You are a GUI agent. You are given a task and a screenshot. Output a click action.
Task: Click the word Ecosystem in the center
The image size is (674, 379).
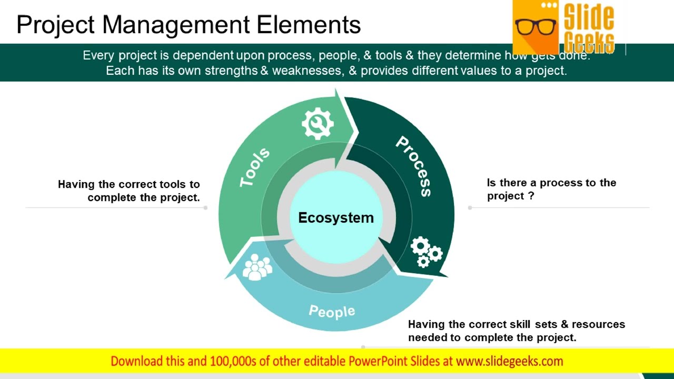pos(336,218)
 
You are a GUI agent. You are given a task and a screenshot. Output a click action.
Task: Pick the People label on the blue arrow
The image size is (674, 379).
pos(332,311)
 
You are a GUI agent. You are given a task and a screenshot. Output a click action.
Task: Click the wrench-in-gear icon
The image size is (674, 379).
pos(318,124)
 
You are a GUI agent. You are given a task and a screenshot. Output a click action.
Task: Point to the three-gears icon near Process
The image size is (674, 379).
pos(426,252)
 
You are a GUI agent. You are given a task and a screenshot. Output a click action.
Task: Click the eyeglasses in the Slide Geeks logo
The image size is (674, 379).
pos(536,26)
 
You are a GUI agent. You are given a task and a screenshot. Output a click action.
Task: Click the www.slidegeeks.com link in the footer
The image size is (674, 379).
pos(509,361)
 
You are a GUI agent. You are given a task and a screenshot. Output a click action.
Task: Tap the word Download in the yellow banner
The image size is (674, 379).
pos(136,361)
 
